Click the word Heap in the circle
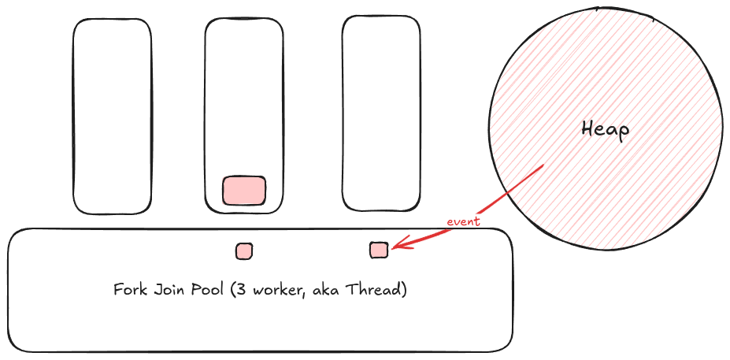(605, 129)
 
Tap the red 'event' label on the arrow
(463, 222)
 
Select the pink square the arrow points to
(379, 251)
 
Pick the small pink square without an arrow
(244, 251)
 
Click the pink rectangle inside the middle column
(244, 191)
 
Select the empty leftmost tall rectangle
(112, 116)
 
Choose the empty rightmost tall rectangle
(381, 114)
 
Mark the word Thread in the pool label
(376, 290)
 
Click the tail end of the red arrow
(543, 166)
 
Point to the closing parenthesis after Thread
(404, 291)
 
